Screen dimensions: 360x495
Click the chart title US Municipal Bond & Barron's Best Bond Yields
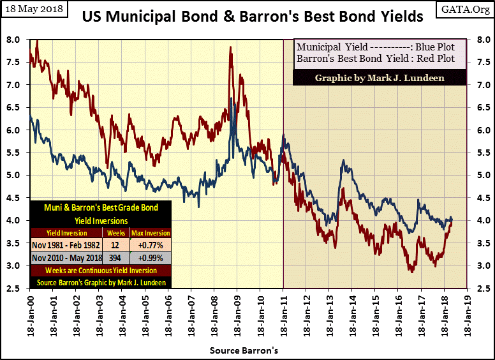pos(252,16)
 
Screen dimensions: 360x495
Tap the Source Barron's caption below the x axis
pos(247,350)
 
